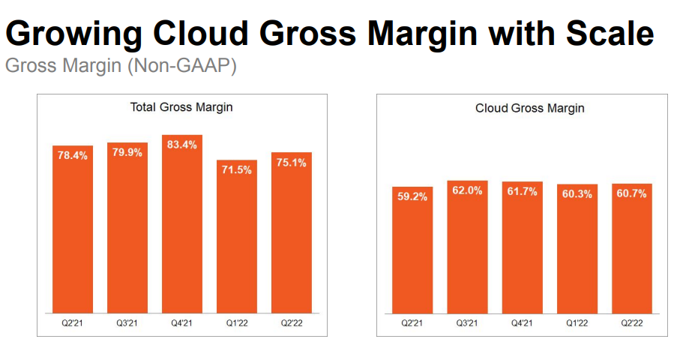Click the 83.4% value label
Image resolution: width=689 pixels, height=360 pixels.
point(182,145)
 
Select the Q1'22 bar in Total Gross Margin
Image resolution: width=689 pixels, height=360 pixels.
point(237,240)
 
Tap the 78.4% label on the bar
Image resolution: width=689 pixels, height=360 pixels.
point(73,156)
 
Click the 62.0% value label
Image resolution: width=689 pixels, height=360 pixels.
point(467,192)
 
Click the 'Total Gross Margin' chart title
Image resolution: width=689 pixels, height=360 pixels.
point(181,107)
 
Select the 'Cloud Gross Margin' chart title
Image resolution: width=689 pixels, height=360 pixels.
point(529,108)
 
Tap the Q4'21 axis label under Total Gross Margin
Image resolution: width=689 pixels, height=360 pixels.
point(182,323)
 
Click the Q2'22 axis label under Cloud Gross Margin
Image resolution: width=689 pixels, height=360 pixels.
point(631,323)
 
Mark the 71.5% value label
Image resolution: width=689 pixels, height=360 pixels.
point(237,170)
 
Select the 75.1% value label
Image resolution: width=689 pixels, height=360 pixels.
point(292,163)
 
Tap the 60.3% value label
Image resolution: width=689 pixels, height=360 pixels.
point(577,194)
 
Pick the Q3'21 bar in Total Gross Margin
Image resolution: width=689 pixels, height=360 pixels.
point(127,232)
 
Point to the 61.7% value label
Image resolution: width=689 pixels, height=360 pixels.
point(522,193)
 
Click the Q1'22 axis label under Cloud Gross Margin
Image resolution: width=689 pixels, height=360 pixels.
point(577,323)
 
